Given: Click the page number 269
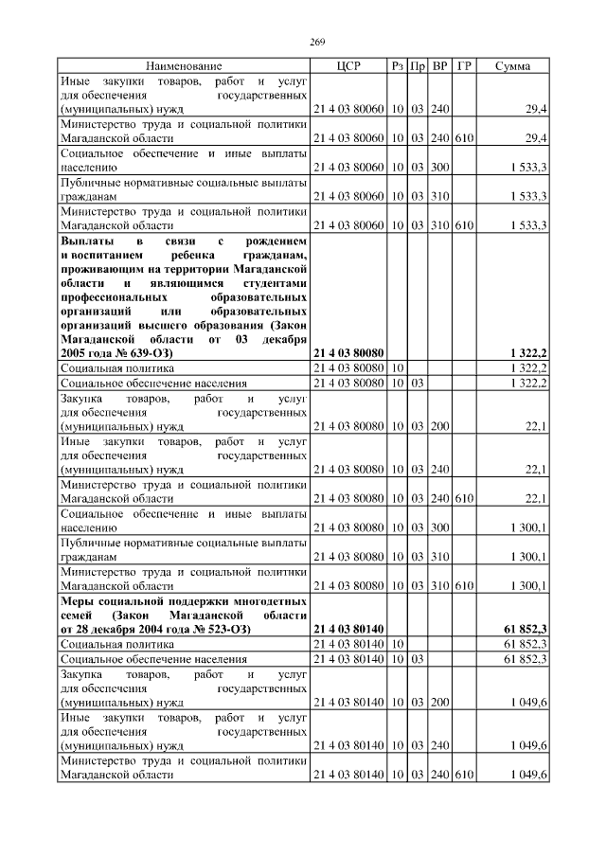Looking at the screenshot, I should [x=317, y=42].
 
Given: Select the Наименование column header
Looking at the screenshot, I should [x=184, y=66].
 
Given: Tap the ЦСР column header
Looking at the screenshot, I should [x=348, y=66].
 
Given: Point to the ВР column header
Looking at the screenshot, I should [x=440, y=66].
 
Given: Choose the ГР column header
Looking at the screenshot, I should [x=464, y=66].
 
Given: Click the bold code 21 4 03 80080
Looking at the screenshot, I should [x=348, y=352].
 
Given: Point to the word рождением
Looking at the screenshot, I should [x=275, y=241].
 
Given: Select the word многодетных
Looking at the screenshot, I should [x=261, y=601].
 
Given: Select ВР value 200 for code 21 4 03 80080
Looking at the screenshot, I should [x=440, y=426].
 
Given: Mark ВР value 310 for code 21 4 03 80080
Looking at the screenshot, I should [x=440, y=556].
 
